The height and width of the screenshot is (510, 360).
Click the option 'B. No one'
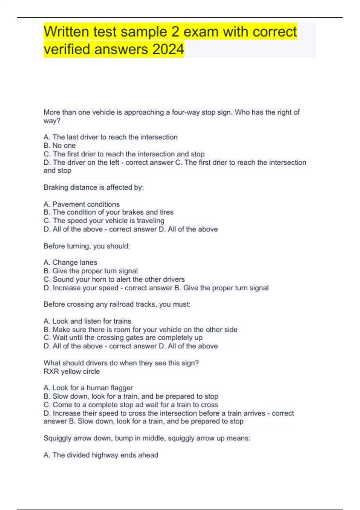point(60,145)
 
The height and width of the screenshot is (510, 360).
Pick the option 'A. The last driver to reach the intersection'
point(110,137)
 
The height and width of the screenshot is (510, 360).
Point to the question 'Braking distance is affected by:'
point(94,187)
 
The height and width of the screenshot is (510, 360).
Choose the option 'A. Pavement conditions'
point(82,204)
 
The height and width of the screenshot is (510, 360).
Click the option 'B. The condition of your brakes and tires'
point(108,212)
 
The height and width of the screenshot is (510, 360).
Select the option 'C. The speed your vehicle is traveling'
point(104,220)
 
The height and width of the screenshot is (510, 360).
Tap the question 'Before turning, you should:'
point(87,246)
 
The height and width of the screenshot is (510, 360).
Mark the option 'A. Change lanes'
point(70,262)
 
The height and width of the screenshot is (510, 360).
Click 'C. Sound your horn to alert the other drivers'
point(114,279)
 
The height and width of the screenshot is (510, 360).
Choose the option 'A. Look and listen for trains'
point(87,321)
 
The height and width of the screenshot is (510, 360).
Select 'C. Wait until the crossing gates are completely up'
point(123,337)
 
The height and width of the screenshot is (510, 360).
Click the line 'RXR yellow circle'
point(72,371)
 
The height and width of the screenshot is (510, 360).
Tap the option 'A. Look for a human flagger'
point(88,388)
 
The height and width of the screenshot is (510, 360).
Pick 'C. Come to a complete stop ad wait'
point(131,405)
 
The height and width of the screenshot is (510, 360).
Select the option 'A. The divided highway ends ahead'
point(101,455)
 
